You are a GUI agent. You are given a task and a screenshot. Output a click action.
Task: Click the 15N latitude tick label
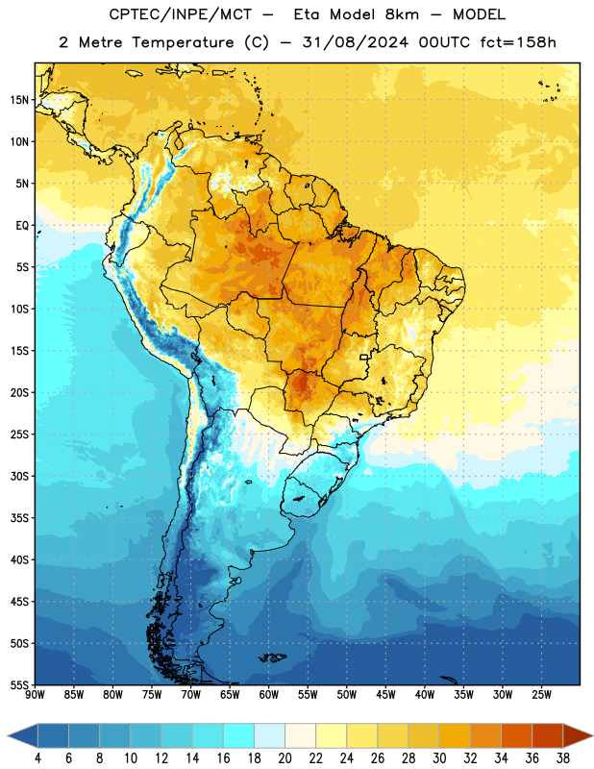pos(19,100)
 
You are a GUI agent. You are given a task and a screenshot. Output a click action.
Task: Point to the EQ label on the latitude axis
pos(22,226)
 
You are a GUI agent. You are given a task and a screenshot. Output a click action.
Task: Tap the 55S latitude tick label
pos(19,684)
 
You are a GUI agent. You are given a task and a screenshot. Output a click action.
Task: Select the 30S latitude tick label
pos(19,476)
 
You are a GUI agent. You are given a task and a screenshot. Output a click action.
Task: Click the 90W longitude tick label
pos(35,694)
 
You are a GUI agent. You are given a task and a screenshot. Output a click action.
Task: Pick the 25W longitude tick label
pos(541,694)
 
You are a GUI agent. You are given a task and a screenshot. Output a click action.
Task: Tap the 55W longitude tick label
pos(308,694)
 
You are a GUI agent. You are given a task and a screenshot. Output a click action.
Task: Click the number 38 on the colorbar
pos(563,758)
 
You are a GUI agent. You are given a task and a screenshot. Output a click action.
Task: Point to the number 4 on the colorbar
pos(37,758)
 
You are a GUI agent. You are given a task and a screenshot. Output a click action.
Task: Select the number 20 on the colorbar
pos(285,758)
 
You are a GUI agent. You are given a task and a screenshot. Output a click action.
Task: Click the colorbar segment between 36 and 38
pos(548,735)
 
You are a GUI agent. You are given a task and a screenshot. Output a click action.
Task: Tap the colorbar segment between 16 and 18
pos(238,735)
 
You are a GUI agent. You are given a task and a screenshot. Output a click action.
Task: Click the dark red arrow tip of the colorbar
pos(578,735)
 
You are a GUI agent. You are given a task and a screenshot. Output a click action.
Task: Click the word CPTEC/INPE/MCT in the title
pos(180,14)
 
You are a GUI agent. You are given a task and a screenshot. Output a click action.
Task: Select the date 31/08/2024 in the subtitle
pos(355,42)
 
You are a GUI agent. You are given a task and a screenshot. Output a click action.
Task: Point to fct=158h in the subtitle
pos(518,42)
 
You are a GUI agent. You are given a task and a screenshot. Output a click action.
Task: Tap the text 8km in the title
pos(401,14)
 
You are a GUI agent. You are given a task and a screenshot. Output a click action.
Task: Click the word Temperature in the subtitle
pos(183,42)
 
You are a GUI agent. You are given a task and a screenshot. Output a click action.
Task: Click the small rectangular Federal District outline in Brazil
pos(364,357)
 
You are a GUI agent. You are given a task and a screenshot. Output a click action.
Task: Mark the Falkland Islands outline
pos(273,657)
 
